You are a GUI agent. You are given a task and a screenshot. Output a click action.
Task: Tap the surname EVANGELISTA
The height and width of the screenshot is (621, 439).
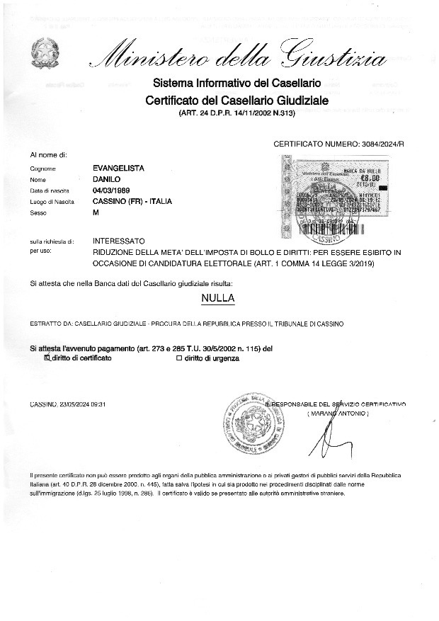coord(119,168)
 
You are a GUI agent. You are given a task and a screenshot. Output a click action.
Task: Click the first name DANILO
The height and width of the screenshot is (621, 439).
coord(108,179)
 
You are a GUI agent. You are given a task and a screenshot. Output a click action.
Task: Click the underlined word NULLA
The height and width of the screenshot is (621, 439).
coord(218,298)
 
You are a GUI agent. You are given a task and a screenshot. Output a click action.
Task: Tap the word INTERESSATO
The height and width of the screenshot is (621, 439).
coord(119,241)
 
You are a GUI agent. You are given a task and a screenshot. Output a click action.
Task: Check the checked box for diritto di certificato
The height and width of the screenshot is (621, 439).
coord(47,358)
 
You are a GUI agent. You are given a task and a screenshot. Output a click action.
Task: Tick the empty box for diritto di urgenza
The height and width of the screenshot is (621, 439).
coord(179,358)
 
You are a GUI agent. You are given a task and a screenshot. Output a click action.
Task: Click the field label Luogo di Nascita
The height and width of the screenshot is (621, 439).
coord(52,202)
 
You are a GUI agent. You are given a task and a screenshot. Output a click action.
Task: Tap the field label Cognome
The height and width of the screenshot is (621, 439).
coord(42,169)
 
